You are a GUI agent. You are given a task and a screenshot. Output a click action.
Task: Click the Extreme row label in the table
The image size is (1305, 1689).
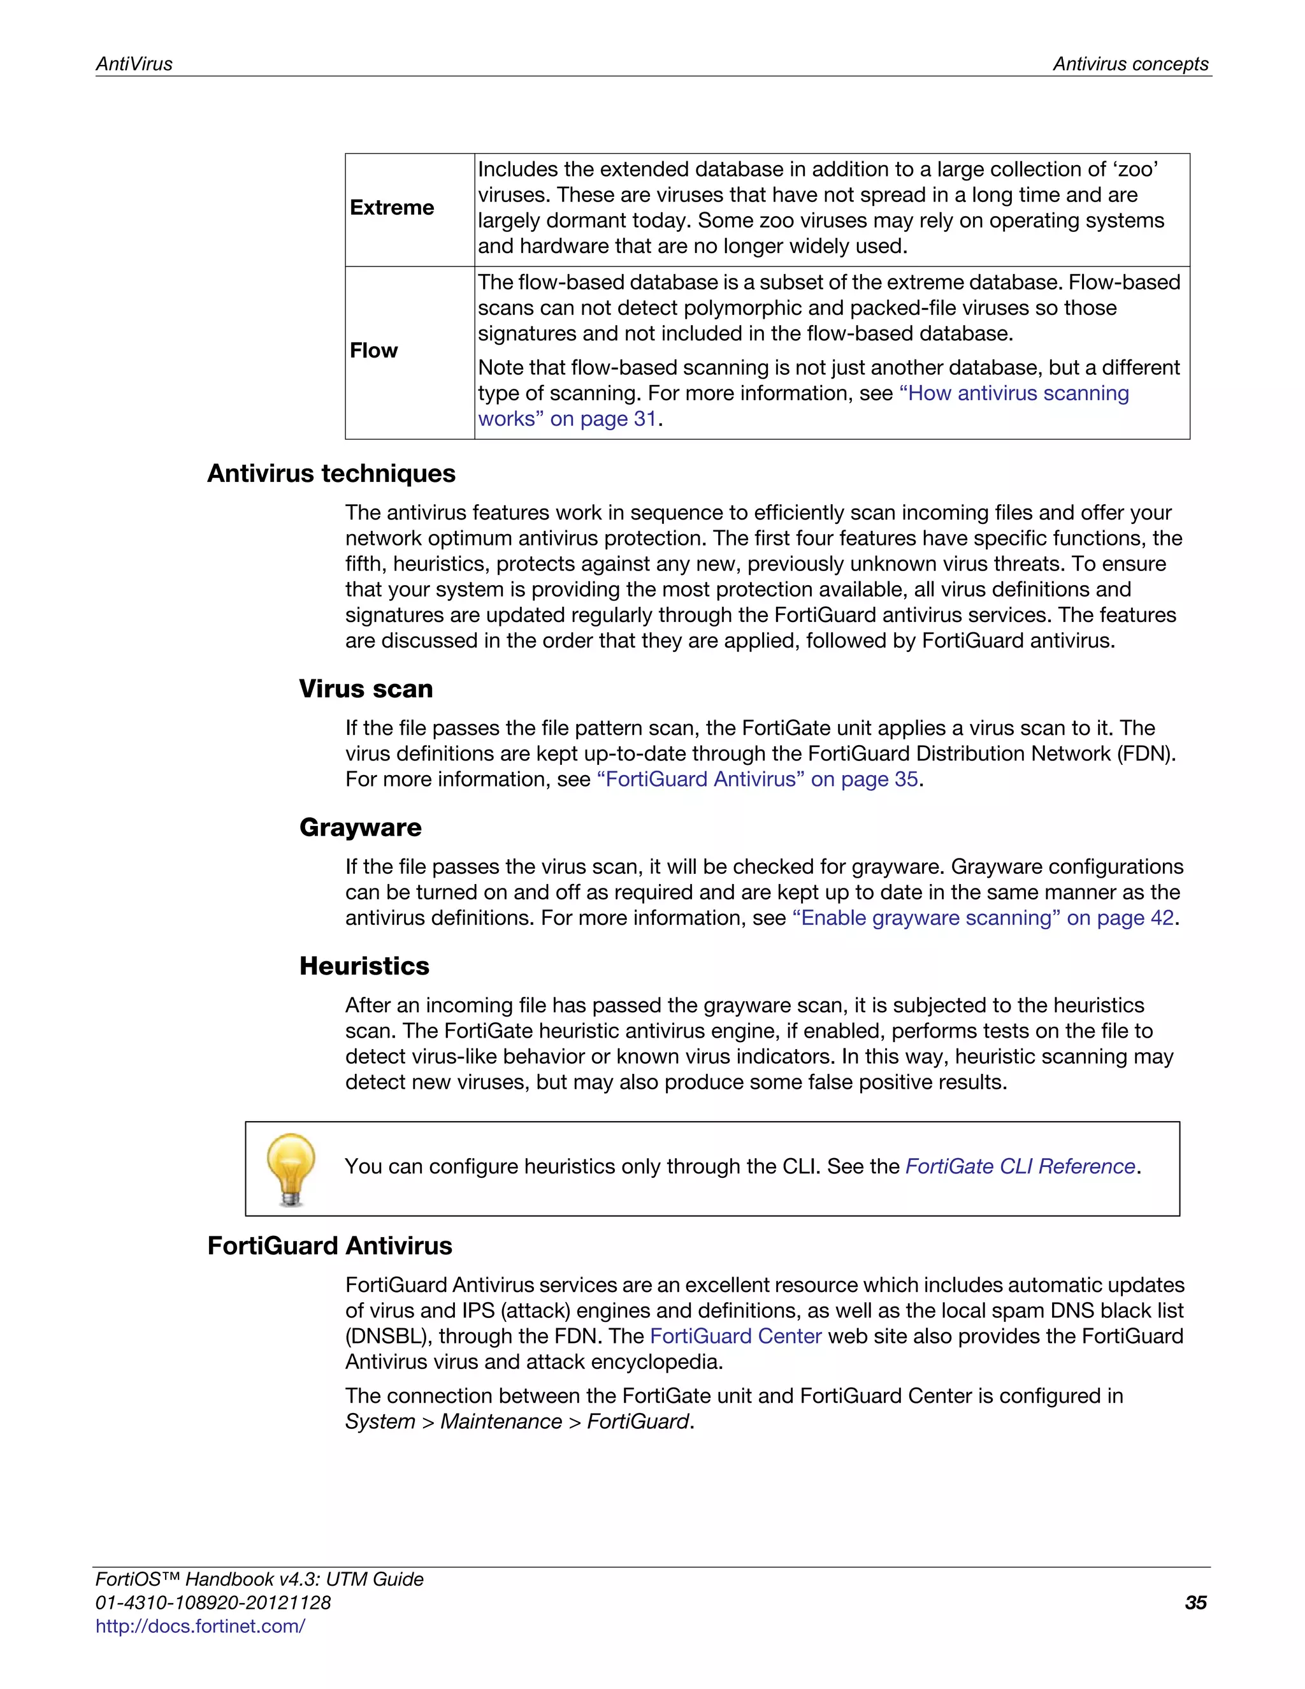[x=392, y=208]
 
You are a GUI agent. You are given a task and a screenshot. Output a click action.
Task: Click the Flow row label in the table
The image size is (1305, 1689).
[x=373, y=351]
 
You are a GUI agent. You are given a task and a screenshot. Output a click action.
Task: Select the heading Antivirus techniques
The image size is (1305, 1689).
[x=331, y=474]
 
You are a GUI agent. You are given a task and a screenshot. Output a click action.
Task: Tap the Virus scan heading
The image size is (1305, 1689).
[x=366, y=689]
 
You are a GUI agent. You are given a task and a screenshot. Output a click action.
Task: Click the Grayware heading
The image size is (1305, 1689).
[x=360, y=827]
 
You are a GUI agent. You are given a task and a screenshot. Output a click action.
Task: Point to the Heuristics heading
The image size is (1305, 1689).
[x=364, y=966]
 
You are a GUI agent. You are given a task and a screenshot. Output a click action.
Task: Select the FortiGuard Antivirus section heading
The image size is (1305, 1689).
[x=329, y=1246]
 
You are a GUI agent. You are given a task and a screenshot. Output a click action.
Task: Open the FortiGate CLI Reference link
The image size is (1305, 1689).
[x=1020, y=1166]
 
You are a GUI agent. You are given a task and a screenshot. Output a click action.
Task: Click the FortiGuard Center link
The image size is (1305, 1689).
[x=735, y=1337]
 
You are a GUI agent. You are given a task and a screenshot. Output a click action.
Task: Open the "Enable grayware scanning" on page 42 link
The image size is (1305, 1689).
[x=983, y=918]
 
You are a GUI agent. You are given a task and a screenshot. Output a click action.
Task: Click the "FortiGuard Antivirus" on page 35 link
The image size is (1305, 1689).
[x=757, y=779]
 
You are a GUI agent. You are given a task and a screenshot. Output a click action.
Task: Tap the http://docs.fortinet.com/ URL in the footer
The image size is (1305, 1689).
[x=200, y=1626]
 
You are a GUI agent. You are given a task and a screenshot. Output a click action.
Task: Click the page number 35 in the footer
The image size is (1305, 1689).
[x=1195, y=1602]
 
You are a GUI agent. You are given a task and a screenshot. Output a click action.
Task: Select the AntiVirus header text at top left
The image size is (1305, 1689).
[x=134, y=64]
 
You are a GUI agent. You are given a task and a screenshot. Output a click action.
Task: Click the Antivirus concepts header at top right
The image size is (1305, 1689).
[x=1130, y=64]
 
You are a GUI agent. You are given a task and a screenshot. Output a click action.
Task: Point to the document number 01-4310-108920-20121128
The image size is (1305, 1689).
[x=213, y=1602]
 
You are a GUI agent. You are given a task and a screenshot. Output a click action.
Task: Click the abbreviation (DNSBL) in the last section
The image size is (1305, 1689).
[x=389, y=1337]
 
